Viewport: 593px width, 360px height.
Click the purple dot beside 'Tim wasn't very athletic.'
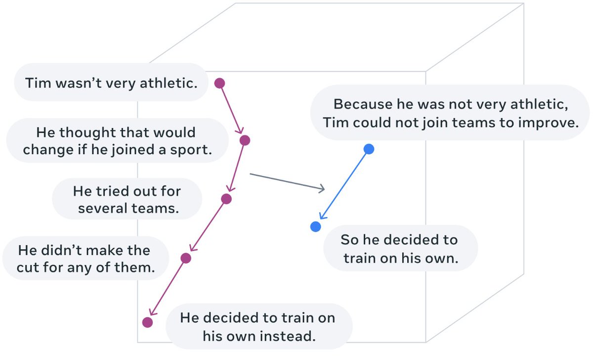220,83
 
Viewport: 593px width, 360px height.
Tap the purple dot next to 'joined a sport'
245,140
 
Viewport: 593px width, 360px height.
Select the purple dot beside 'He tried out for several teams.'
226,199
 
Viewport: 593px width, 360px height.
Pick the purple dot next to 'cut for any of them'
186,258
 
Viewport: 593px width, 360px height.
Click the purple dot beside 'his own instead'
147,322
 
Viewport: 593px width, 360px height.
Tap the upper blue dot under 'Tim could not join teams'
369,149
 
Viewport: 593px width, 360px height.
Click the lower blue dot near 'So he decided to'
316,226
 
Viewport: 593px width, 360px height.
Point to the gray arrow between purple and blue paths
287,181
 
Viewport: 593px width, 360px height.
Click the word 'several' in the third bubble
102,208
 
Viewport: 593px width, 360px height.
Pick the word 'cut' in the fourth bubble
31,268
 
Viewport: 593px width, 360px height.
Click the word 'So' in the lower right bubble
349,240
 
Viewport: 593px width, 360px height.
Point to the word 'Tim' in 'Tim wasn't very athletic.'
38,83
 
